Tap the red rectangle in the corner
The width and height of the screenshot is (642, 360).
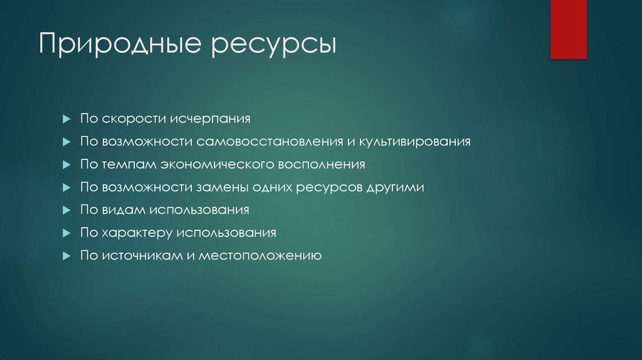pos(568,29)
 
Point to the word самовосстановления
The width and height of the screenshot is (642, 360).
pos(268,142)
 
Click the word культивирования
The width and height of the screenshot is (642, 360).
pos(414,142)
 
